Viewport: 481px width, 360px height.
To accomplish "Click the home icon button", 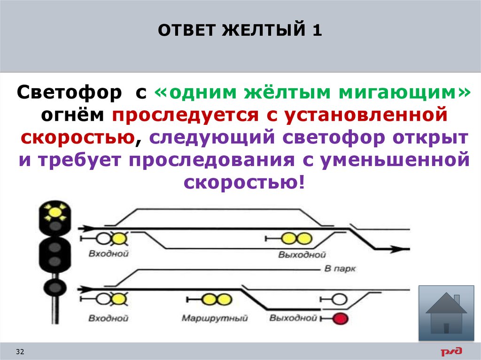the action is pos(446,313).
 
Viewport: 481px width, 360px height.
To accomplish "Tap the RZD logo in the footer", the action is pos(451,352).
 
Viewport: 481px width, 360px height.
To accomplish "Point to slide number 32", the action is pos(20,352).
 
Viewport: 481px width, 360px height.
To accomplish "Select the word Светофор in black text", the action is pos(70,92).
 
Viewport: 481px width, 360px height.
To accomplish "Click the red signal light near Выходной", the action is pos(340,319).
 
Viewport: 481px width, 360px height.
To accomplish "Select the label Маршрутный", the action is pos(214,318).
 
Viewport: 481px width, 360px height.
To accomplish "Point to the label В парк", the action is pos(340,268).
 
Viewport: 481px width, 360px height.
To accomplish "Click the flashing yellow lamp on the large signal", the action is pos(55,212).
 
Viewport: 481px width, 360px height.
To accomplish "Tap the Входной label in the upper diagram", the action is pos(109,253).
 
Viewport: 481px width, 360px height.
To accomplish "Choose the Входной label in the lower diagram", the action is pos(108,318).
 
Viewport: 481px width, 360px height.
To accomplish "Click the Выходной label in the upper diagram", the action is pos(302,254).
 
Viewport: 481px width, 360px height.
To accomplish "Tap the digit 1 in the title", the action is pos(317,31).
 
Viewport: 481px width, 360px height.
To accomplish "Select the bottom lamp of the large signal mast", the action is pos(55,288).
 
